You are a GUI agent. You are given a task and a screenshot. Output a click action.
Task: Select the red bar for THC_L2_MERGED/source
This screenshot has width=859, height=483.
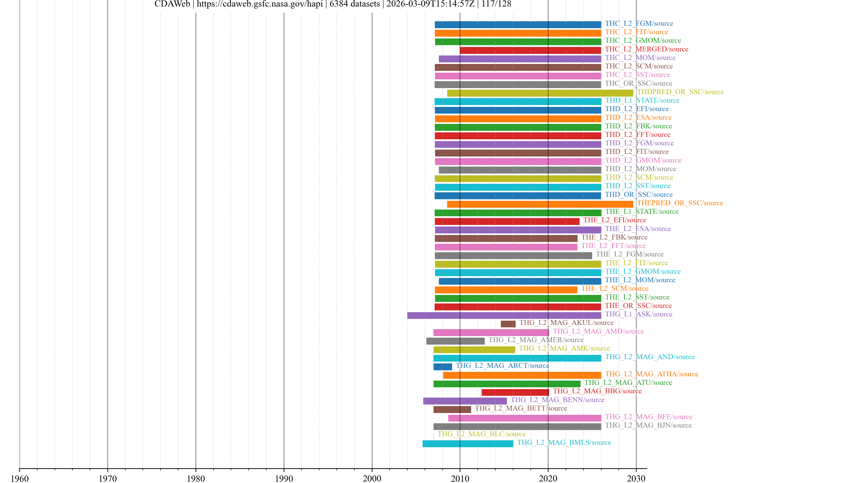[x=530, y=50]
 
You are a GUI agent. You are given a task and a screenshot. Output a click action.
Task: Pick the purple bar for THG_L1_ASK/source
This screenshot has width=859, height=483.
[x=504, y=315]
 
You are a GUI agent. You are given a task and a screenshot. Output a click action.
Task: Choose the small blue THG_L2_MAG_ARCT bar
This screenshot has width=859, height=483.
[x=442, y=367]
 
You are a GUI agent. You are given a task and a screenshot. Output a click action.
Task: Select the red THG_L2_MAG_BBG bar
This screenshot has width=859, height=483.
[x=515, y=392]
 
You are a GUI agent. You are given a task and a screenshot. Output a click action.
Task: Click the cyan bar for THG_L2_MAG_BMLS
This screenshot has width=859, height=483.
[x=468, y=444]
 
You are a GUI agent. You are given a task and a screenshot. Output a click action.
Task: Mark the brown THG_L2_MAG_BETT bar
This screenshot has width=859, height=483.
[x=452, y=409]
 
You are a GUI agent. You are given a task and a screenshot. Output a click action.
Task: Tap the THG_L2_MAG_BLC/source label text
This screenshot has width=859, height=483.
[x=481, y=434]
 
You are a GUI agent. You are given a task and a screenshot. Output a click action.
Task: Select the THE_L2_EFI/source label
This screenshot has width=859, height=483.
[x=614, y=220]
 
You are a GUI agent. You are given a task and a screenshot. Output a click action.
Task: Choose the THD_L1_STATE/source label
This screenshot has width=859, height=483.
[x=642, y=100]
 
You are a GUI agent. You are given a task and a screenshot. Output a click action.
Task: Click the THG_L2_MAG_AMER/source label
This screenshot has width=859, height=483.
[x=536, y=340]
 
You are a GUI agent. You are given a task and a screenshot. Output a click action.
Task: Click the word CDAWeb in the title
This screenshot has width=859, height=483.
[x=172, y=4]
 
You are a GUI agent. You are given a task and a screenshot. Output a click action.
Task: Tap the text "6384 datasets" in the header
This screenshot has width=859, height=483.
[x=355, y=4]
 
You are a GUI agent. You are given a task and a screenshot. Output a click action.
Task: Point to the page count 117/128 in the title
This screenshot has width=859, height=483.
[x=496, y=4]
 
